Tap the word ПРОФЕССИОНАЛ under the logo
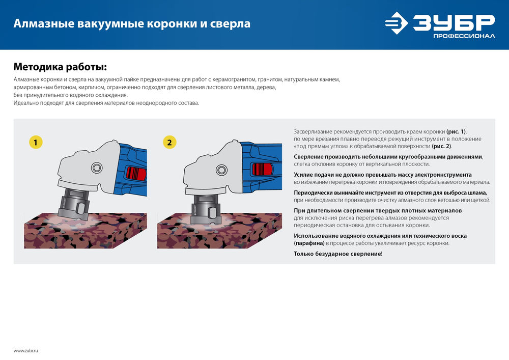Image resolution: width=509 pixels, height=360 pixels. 463,37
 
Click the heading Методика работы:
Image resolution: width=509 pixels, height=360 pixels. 60,67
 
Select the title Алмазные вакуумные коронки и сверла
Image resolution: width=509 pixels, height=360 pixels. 131,23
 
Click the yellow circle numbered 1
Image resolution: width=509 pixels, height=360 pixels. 35,142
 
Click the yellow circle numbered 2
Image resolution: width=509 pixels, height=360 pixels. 169,142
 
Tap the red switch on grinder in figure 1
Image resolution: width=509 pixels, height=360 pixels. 135,173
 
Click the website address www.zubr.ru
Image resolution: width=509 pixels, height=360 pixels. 26,351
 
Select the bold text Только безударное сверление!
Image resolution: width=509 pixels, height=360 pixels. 338,253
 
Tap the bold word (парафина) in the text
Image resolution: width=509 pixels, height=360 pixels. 309,243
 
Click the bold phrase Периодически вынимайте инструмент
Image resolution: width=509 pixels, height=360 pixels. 347,192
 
